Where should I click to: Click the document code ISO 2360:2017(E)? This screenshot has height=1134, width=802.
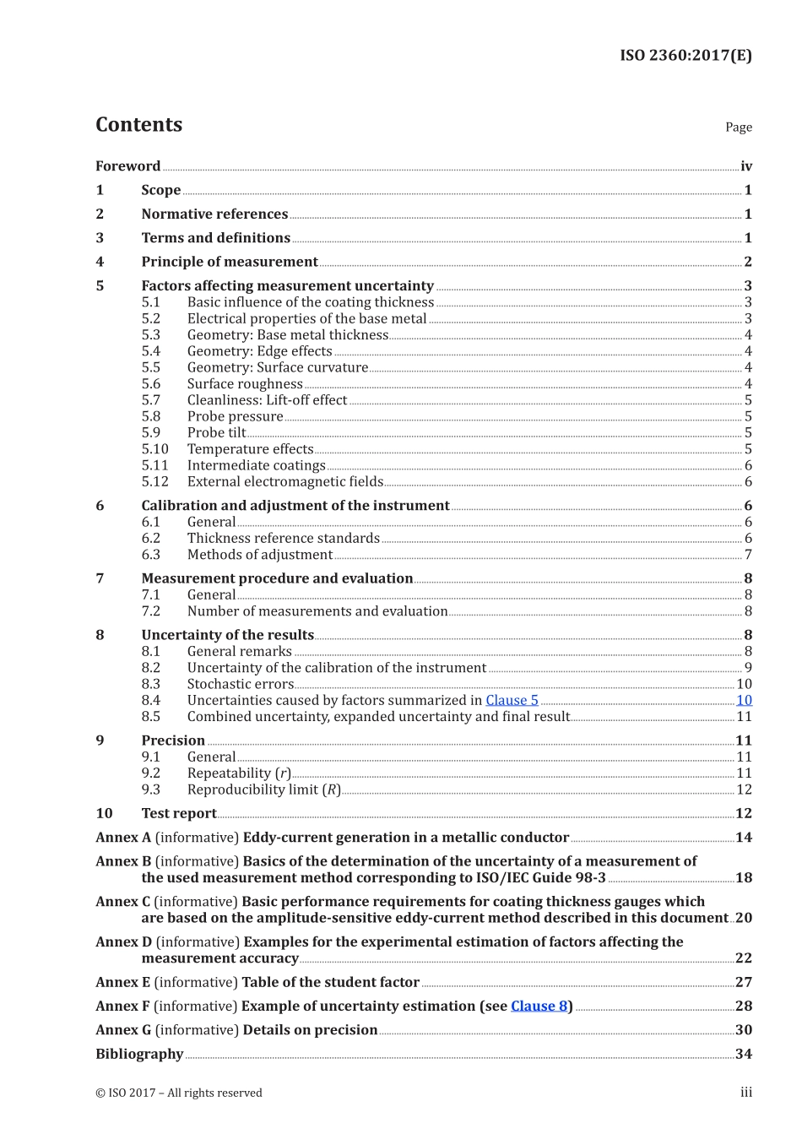coord(685,56)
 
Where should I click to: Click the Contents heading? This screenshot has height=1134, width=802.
coord(138,125)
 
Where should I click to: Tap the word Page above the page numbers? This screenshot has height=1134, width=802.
coord(738,128)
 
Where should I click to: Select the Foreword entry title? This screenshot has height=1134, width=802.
coord(127,166)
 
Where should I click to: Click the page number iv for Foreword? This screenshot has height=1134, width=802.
coord(745,166)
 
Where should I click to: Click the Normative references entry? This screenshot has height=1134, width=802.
coord(214,214)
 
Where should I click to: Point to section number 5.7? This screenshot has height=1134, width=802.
coord(150,400)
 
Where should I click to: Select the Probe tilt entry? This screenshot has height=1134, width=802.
coord(216,433)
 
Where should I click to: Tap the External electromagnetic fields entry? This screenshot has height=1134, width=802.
coord(284,482)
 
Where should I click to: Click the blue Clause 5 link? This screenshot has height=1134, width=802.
coord(512,700)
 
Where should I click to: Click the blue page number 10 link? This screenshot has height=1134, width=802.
coord(744,700)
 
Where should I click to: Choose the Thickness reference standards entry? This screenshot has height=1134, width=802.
coord(283,539)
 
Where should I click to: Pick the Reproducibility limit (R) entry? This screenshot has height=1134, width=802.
coord(263,789)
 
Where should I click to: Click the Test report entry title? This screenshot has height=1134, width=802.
coord(178,814)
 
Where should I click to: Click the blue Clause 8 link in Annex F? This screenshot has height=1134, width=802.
coord(539,1006)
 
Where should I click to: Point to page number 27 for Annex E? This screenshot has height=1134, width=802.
coord(743,982)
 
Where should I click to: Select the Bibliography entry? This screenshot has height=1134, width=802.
coord(139,1054)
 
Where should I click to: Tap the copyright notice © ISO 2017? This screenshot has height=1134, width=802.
coord(178,1093)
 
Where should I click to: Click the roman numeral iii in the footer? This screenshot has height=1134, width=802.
coord(745,1093)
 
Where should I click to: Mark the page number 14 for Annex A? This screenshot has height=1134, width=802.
coord(743,838)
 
